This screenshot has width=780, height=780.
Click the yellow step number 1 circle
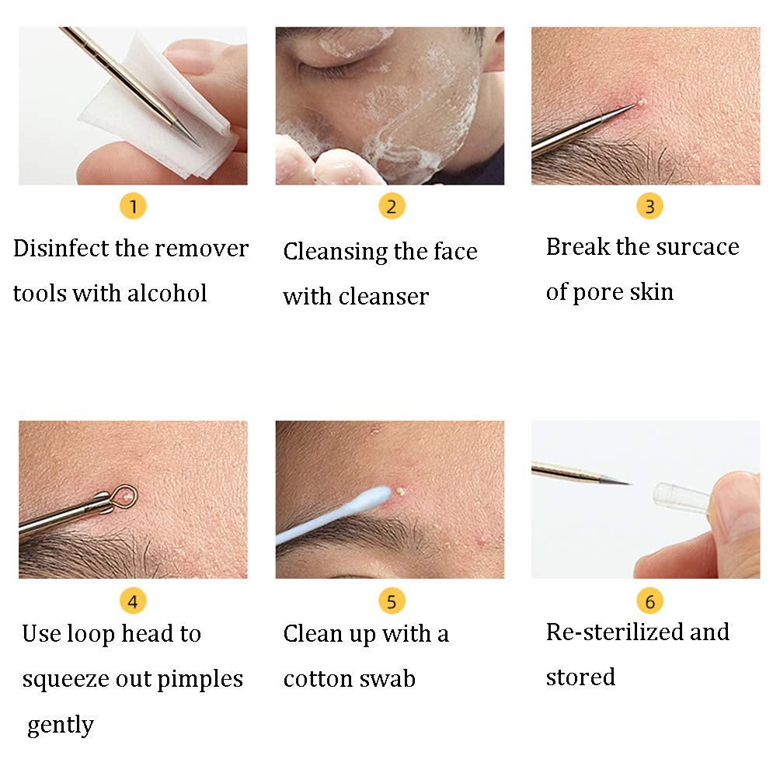(x=134, y=207)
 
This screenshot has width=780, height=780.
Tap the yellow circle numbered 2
(x=392, y=207)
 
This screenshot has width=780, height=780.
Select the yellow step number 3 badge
(x=649, y=207)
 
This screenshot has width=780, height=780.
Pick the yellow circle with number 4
(x=133, y=601)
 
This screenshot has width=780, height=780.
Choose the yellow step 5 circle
(x=392, y=601)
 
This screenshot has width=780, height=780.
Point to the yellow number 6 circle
(x=649, y=601)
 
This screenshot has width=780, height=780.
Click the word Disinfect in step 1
(x=59, y=249)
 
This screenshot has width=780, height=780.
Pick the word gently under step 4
(x=60, y=725)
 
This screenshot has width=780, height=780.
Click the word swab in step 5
(x=388, y=679)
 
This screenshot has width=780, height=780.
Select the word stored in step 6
(x=580, y=677)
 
